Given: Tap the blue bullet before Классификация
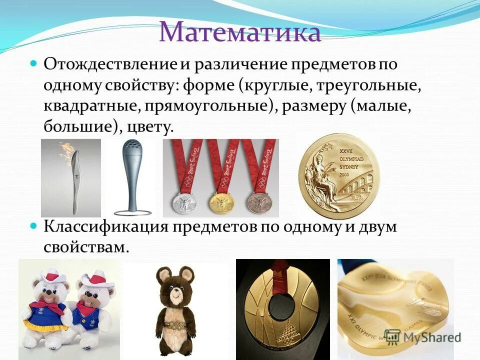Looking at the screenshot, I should point(34,226).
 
